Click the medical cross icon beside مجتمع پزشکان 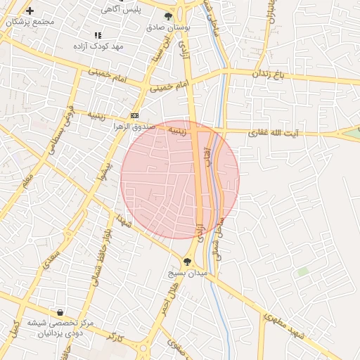pyautogui.click(x=30, y=11)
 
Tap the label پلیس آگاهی pyautogui.click(x=121, y=10)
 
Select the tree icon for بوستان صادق pyautogui.click(x=169, y=15)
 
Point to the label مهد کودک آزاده pyautogui.click(x=98, y=46)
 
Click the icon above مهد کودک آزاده pyautogui.click(x=98, y=34)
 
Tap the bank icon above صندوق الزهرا pyautogui.click(x=134, y=116)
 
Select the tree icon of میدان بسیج pyautogui.click(x=186, y=262)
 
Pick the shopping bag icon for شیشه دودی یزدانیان pyautogui.click(x=60, y=312)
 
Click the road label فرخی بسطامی pyautogui.click(x=61, y=123)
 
